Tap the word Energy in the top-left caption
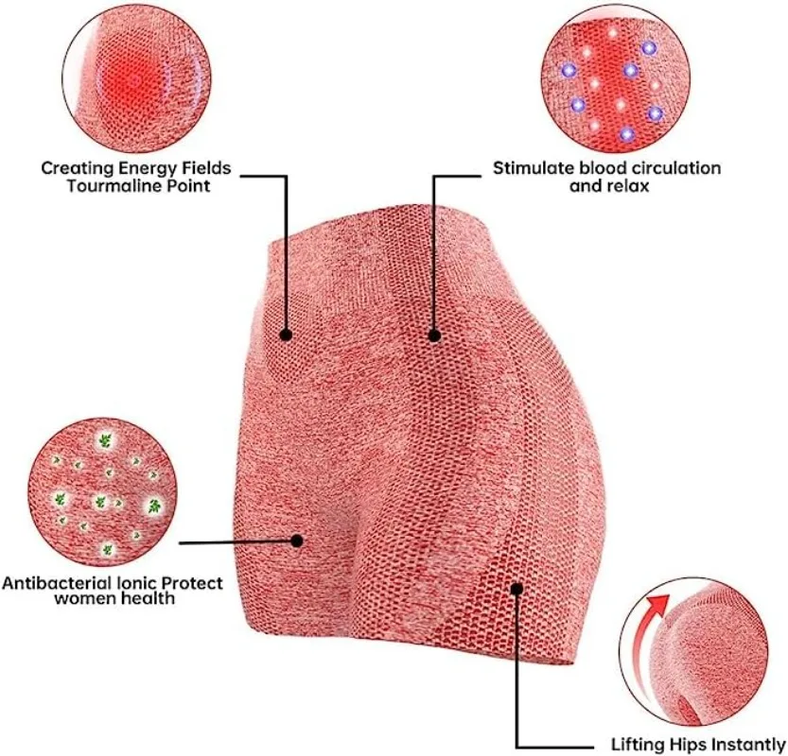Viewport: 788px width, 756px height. click(x=144, y=168)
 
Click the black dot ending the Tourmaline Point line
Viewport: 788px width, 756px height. click(x=286, y=333)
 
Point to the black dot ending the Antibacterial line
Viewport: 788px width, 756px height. click(x=296, y=541)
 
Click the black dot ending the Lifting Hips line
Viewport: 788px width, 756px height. click(x=517, y=588)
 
